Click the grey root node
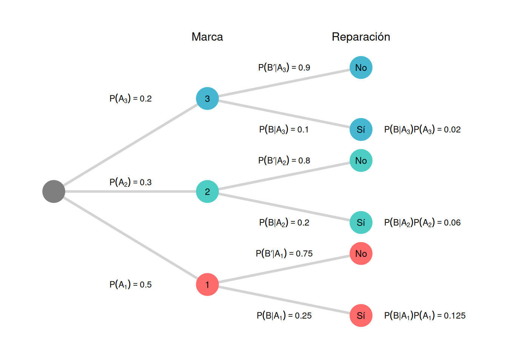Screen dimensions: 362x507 [x=54, y=192]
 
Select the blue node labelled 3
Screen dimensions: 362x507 [x=207, y=98]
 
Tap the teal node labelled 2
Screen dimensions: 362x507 [x=207, y=192]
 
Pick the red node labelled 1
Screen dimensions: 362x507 [x=207, y=284]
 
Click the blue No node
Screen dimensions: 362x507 [x=361, y=67]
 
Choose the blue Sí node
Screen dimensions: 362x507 [x=361, y=129]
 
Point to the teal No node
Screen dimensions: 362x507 [x=361, y=161]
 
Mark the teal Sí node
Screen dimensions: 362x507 [x=361, y=222]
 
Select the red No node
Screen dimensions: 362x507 [x=361, y=253]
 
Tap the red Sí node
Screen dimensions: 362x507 [x=361, y=315]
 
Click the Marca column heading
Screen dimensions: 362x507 [x=207, y=37]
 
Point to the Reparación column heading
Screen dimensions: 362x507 [x=361, y=37]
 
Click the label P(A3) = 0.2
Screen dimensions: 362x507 [x=131, y=98]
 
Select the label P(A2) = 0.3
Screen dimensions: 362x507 [x=131, y=182]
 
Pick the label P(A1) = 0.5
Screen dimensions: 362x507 [x=131, y=284]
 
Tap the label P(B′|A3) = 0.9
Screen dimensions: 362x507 [x=284, y=67]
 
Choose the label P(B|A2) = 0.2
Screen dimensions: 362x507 [x=284, y=222]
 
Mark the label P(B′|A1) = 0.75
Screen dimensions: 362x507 [x=284, y=253]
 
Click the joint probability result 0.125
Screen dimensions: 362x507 [x=425, y=315]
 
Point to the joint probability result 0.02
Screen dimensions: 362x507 [x=422, y=129]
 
